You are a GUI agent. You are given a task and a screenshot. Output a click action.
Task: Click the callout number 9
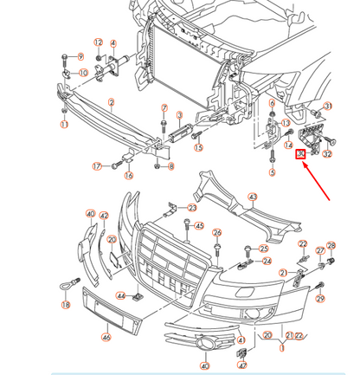pyautogui.click(x=80, y=57)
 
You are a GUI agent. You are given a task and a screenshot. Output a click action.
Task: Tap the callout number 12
pyautogui.click(x=98, y=42)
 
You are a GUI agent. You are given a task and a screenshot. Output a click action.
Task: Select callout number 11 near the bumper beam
pyautogui.click(x=63, y=125)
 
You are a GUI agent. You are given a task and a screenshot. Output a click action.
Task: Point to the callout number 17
pyautogui.click(x=97, y=165)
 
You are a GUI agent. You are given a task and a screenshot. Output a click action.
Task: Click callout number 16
pyautogui.click(x=129, y=176)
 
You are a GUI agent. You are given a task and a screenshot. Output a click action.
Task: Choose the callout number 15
pyautogui.click(x=198, y=148)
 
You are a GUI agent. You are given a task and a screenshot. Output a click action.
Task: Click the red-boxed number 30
pyautogui.click(x=300, y=155)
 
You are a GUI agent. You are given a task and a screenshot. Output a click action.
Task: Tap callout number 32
pyautogui.click(x=326, y=154)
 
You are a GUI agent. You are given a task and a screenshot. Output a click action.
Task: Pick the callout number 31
pyautogui.click(x=328, y=107)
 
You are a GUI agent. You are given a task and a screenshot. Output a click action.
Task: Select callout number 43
pyautogui.click(x=253, y=197)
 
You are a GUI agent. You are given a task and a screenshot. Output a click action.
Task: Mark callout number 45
pyautogui.click(x=199, y=226)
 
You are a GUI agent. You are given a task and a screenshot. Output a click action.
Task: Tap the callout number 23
pyautogui.click(x=192, y=208)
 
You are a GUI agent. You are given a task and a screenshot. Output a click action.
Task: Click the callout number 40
pyautogui.click(x=90, y=213)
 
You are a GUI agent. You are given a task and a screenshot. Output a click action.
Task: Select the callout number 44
pyautogui.click(x=121, y=297)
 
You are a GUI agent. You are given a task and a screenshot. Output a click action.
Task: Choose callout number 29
pyautogui.click(x=320, y=299)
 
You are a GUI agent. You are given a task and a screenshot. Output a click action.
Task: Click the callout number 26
pyautogui.click(x=217, y=233)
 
